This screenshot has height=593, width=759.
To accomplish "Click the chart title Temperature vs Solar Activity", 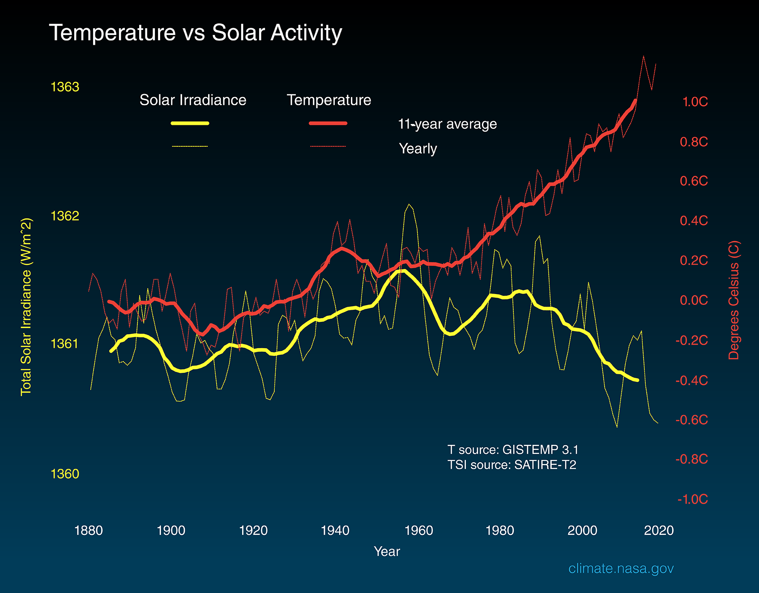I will coord(195,33).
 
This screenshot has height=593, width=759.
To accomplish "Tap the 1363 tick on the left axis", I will coord(65,87).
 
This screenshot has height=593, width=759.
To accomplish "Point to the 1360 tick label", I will coord(65,474).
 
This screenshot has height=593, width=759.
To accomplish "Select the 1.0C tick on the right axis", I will coord(695,102).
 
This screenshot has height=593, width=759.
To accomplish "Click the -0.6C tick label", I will coord(692,420).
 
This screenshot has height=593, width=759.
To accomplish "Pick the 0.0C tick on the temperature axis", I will coord(694,300).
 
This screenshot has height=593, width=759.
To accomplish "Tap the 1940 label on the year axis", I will coord(335,531).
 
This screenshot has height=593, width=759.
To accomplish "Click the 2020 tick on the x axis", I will coord(658,531).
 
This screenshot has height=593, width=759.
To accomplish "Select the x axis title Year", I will coord(387,551).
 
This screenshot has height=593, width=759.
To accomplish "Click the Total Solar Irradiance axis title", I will coord(26,307).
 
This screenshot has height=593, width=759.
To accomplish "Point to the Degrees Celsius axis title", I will coord(734,300).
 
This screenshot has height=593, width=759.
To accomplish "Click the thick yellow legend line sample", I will coord(190,123).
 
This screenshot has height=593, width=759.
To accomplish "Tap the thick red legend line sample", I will coord(328,123).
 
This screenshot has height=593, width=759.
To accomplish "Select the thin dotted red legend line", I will coord(328,146).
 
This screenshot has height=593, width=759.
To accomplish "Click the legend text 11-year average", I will coord(447,124).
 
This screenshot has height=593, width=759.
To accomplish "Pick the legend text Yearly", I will coord(418,149).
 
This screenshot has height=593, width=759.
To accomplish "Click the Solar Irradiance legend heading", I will coord(193,100).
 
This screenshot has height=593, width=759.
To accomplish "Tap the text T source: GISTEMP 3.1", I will coord(513,450).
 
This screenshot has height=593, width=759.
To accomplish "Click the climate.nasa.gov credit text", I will coord(621,568).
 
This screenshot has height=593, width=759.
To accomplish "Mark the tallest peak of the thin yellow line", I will coord(408,205).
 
